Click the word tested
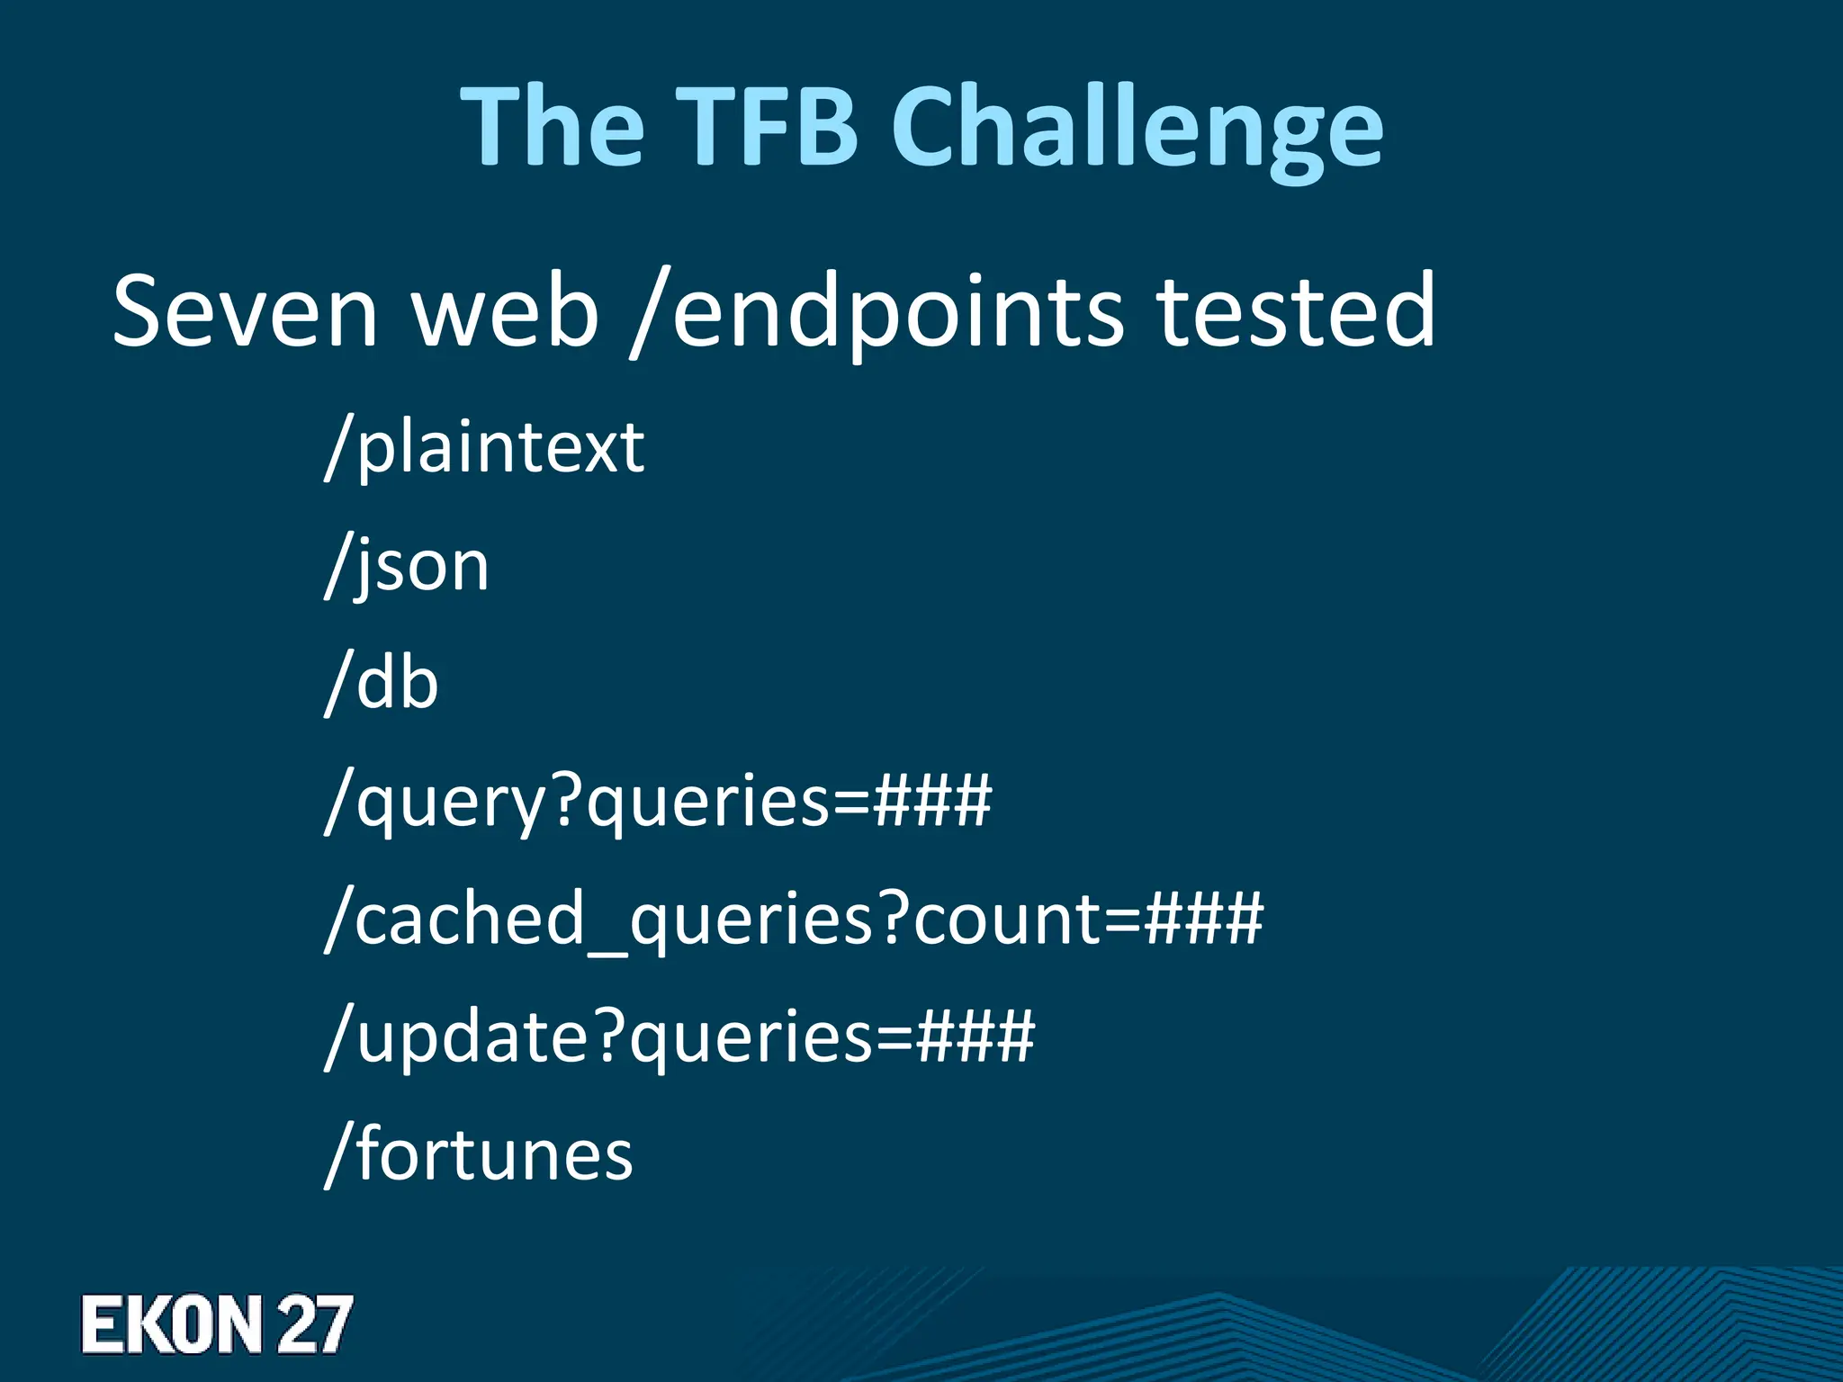point(1295,310)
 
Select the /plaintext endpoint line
point(484,447)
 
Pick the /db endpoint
point(382,683)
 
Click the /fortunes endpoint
point(479,1154)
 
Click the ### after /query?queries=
point(932,800)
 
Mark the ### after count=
point(1204,919)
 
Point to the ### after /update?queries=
point(975,1036)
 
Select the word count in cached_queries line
point(1007,920)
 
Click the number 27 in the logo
point(314,1324)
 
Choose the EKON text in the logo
point(171,1324)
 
